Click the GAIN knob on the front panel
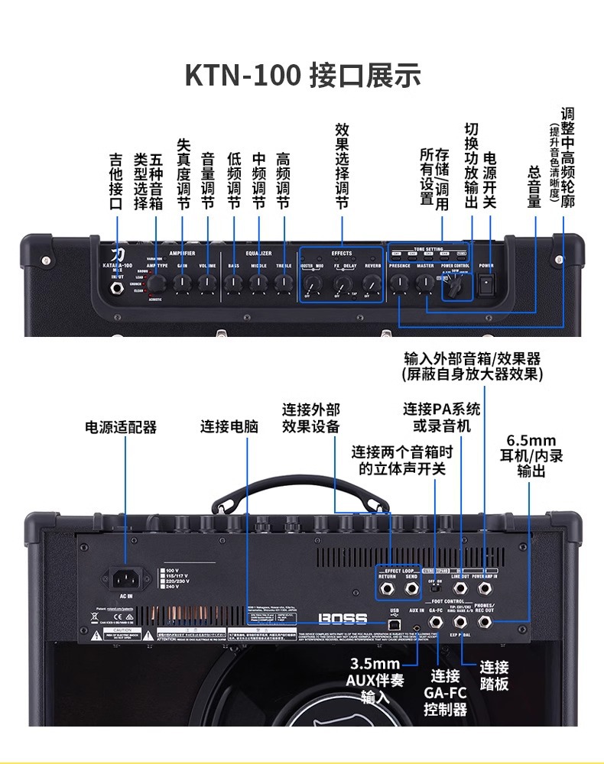(182, 283)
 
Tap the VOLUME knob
(207, 283)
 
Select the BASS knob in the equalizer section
(233, 283)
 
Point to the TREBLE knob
(284, 283)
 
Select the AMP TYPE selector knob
(156, 283)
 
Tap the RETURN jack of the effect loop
(388, 589)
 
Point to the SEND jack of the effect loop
(412, 589)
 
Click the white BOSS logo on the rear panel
(343, 618)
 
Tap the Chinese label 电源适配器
(121, 427)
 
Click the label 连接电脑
(229, 427)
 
